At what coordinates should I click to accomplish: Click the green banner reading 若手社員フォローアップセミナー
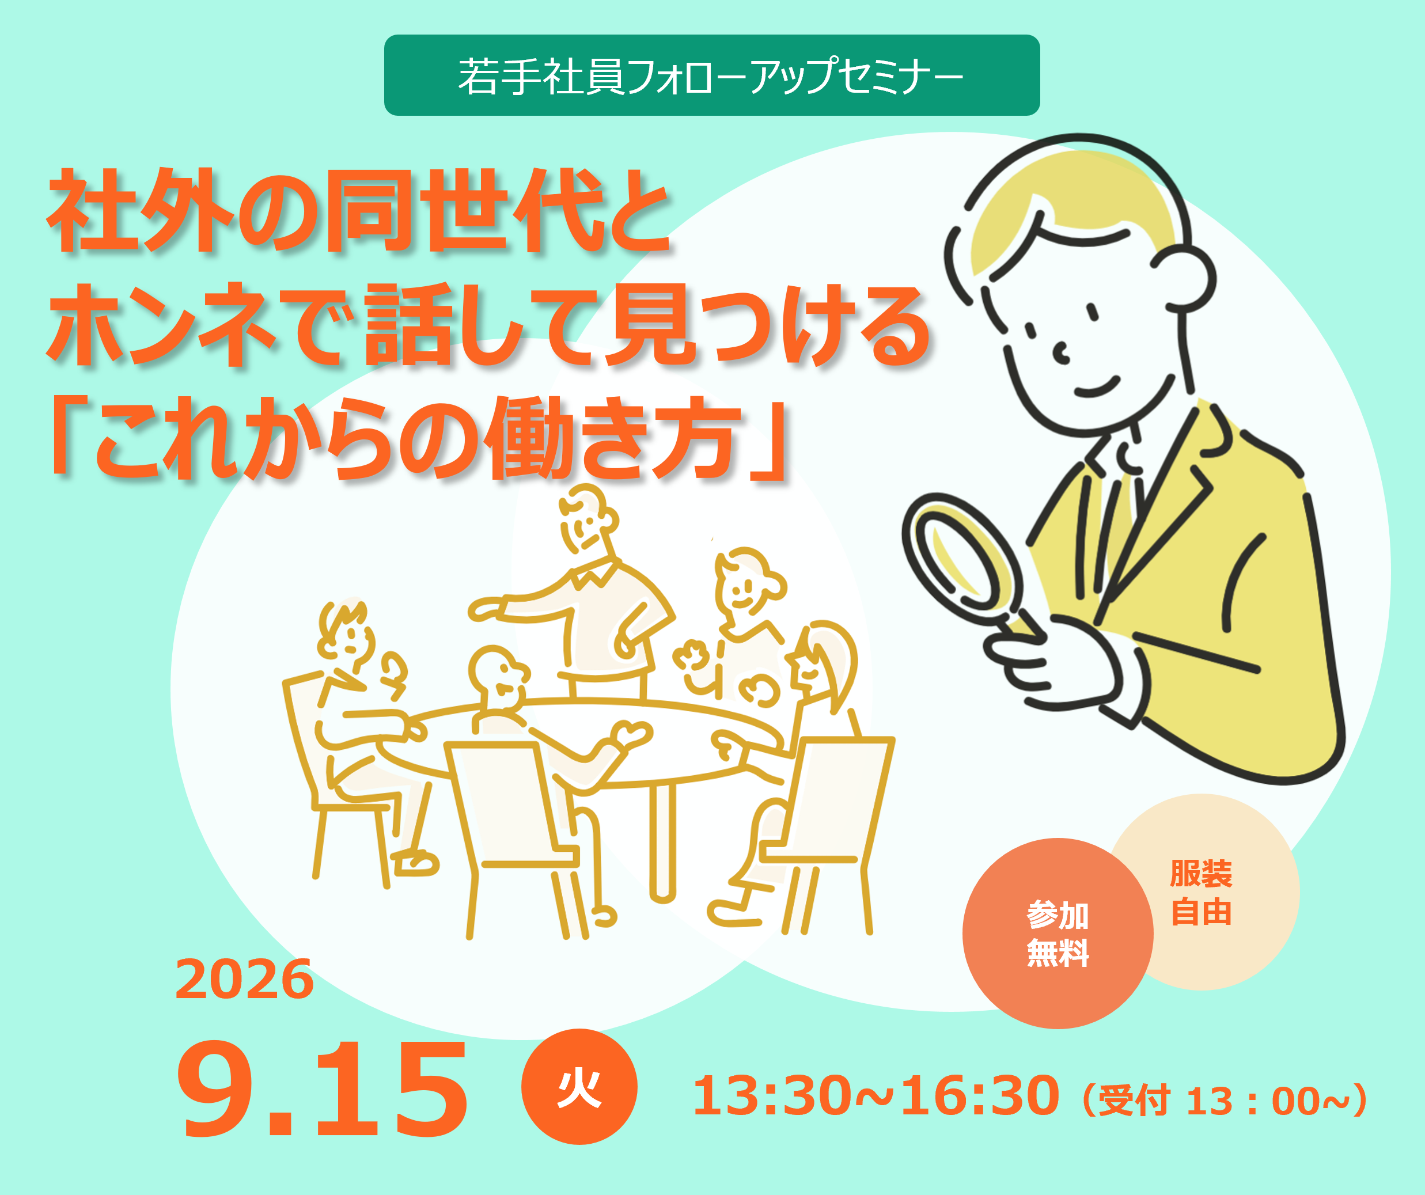point(712,75)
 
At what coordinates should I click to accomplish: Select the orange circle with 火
point(579,1086)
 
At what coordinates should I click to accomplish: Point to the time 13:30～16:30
point(876,1095)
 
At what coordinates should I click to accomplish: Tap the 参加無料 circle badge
point(1058,933)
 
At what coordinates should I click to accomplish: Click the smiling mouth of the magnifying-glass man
point(1096,388)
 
